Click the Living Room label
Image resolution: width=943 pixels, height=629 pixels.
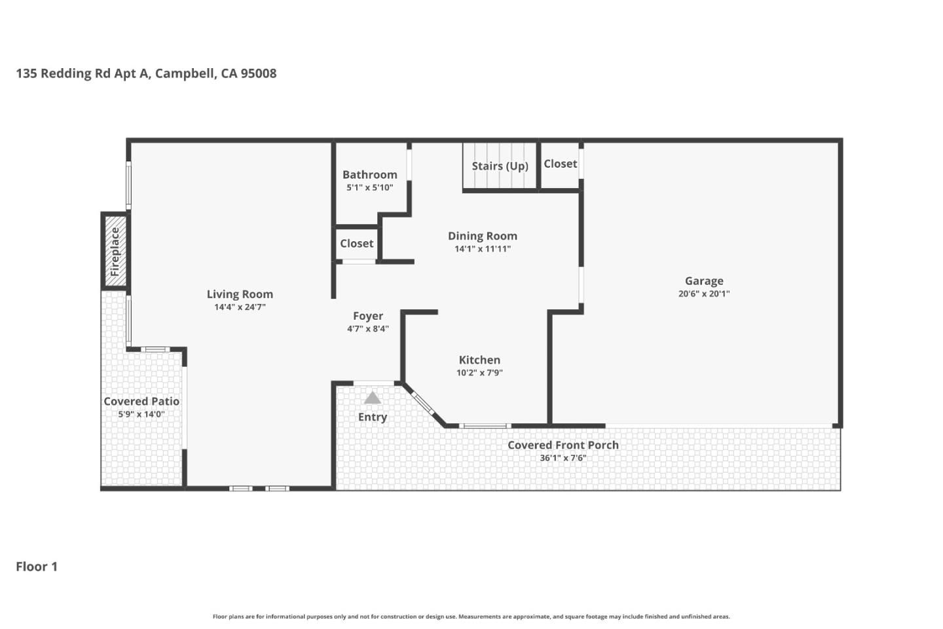tap(240, 294)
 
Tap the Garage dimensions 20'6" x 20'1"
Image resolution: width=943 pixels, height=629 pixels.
tap(704, 294)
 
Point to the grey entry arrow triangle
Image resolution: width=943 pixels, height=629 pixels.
tap(372, 398)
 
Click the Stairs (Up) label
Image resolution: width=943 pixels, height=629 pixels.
tap(500, 166)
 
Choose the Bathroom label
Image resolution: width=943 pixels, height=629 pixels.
tap(369, 174)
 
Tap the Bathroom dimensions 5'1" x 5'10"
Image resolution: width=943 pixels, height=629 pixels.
tap(369, 187)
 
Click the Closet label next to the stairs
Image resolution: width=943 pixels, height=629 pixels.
tap(560, 164)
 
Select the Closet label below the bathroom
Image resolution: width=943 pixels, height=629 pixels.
tap(356, 243)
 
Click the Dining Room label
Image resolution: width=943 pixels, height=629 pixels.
tap(483, 236)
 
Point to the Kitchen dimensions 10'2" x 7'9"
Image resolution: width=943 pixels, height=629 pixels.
tap(479, 373)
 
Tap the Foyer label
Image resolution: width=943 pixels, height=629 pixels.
tap(367, 316)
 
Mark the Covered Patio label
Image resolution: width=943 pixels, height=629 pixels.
tap(141, 401)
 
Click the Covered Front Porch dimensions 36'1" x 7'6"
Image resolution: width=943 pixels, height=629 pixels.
tap(563, 458)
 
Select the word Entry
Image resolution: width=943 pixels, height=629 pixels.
tap(372, 417)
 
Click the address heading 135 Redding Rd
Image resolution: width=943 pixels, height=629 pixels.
tap(146, 73)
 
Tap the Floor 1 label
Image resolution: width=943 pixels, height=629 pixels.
tap(37, 567)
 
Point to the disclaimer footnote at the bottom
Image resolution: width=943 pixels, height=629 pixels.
tap(471, 617)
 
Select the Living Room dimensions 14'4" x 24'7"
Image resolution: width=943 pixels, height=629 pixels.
tap(240, 307)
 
